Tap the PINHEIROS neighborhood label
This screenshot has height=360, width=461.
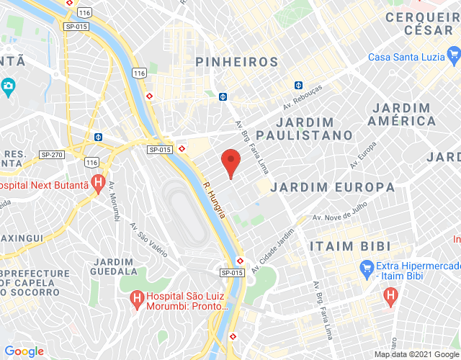pyautogui.click(x=236, y=62)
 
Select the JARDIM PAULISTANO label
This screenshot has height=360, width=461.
pyautogui.click(x=305, y=128)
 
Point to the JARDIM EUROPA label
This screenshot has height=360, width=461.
pyautogui.click(x=332, y=187)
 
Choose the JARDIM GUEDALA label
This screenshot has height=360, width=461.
pyautogui.click(x=115, y=266)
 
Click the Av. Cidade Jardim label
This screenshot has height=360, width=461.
pyautogui.click(x=277, y=248)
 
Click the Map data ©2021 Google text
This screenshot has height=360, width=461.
pyautogui.click(x=416, y=354)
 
